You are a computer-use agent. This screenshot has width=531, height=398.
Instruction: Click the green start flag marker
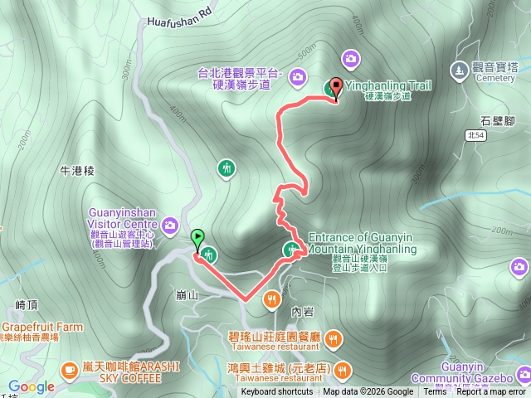coord(197,239)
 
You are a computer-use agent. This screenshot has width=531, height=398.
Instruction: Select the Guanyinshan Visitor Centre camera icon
coord(170,224)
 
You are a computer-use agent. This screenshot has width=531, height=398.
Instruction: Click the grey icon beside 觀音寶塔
coord(459,68)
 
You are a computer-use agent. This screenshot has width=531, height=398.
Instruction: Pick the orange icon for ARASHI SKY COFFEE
coord(69,366)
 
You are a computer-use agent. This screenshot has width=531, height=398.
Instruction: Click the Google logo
coord(32,386)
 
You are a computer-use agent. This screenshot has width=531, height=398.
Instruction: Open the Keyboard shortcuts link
coord(277,392)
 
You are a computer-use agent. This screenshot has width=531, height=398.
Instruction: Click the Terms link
coord(436,392)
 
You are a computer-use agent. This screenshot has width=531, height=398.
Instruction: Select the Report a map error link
coord(491,392)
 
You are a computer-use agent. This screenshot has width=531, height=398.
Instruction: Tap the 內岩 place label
coord(302,312)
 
